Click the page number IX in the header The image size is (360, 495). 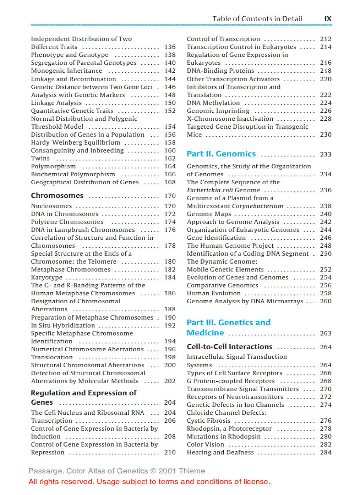click(327, 19)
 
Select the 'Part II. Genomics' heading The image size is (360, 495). click(221, 154)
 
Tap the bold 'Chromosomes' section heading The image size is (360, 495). click(57, 196)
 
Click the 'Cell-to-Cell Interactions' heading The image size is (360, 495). click(229, 347)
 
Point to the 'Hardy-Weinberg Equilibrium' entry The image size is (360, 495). click(75, 142)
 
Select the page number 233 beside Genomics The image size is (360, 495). click(326, 154)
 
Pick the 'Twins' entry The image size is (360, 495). click(40, 158)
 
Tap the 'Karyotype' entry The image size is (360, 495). click(47, 277)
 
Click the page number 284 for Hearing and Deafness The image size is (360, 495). click(326, 452)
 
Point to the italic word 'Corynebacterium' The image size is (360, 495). click(257, 206)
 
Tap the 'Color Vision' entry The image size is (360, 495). click(205, 444)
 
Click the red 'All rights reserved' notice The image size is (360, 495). click(149, 481)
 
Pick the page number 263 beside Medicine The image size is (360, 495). click(326, 333)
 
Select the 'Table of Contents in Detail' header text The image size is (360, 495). click(257, 19)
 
